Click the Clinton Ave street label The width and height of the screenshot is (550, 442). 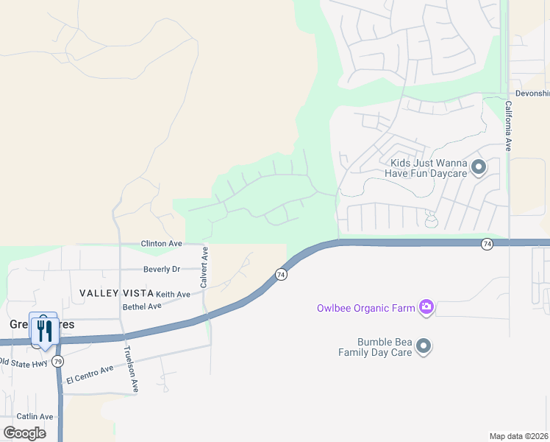pos(161,243)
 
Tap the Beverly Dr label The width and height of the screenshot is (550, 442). pos(162,269)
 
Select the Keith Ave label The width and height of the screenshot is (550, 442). pos(173,294)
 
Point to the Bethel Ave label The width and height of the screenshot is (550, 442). pos(142,306)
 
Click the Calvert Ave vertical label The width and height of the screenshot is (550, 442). pos(206,267)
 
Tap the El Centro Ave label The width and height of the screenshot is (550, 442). pos(90,373)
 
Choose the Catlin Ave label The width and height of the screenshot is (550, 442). pos(35,416)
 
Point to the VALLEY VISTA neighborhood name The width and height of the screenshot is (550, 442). pos(116,293)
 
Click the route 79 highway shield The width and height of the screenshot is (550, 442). pos(57,362)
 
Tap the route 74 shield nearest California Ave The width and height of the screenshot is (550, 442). pos(487,244)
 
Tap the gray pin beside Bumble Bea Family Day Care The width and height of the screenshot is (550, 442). pos(423,346)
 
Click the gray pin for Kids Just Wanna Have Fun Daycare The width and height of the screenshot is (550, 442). pos(479,168)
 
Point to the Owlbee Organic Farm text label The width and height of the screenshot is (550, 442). pos(365,308)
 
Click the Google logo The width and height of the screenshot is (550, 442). pos(24,432)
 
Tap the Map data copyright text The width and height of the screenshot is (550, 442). pos(519,436)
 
